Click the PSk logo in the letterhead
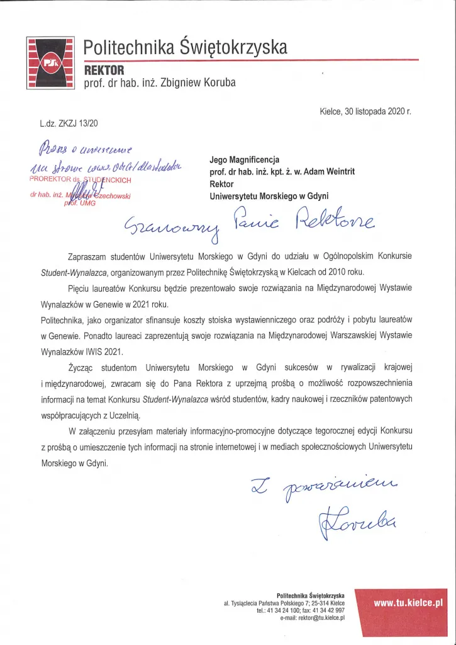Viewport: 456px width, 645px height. tap(50, 62)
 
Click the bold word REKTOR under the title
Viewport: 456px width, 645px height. tap(104, 70)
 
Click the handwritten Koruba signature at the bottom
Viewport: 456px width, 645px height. tap(355, 519)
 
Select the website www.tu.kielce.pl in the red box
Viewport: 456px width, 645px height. tap(408, 602)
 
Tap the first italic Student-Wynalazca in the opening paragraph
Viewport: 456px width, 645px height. tap(69, 273)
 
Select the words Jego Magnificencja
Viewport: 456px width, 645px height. tap(244, 159)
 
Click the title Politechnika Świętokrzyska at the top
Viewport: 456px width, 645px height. tap(186, 47)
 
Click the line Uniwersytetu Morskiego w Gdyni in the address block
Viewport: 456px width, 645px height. tap(269, 196)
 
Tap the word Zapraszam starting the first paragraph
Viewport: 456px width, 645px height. tap(89, 257)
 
